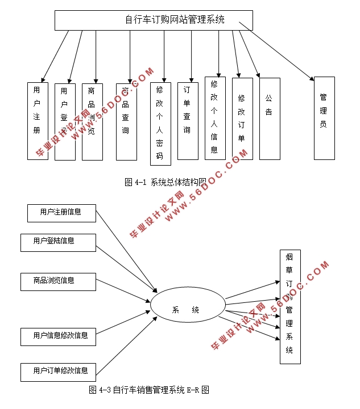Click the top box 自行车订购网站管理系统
click(x=154, y=20)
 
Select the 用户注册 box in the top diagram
click(x=38, y=121)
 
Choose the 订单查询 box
click(x=187, y=121)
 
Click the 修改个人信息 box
click(x=214, y=118)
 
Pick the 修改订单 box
click(x=242, y=119)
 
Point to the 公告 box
click(x=269, y=119)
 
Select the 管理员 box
click(x=324, y=118)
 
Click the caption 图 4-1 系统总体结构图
click(x=165, y=182)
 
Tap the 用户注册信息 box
click(x=61, y=212)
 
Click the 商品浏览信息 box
click(x=57, y=281)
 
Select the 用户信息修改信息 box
click(x=61, y=336)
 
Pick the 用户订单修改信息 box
click(x=61, y=372)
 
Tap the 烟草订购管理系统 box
click(x=289, y=306)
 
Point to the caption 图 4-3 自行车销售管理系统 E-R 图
click(x=150, y=390)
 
